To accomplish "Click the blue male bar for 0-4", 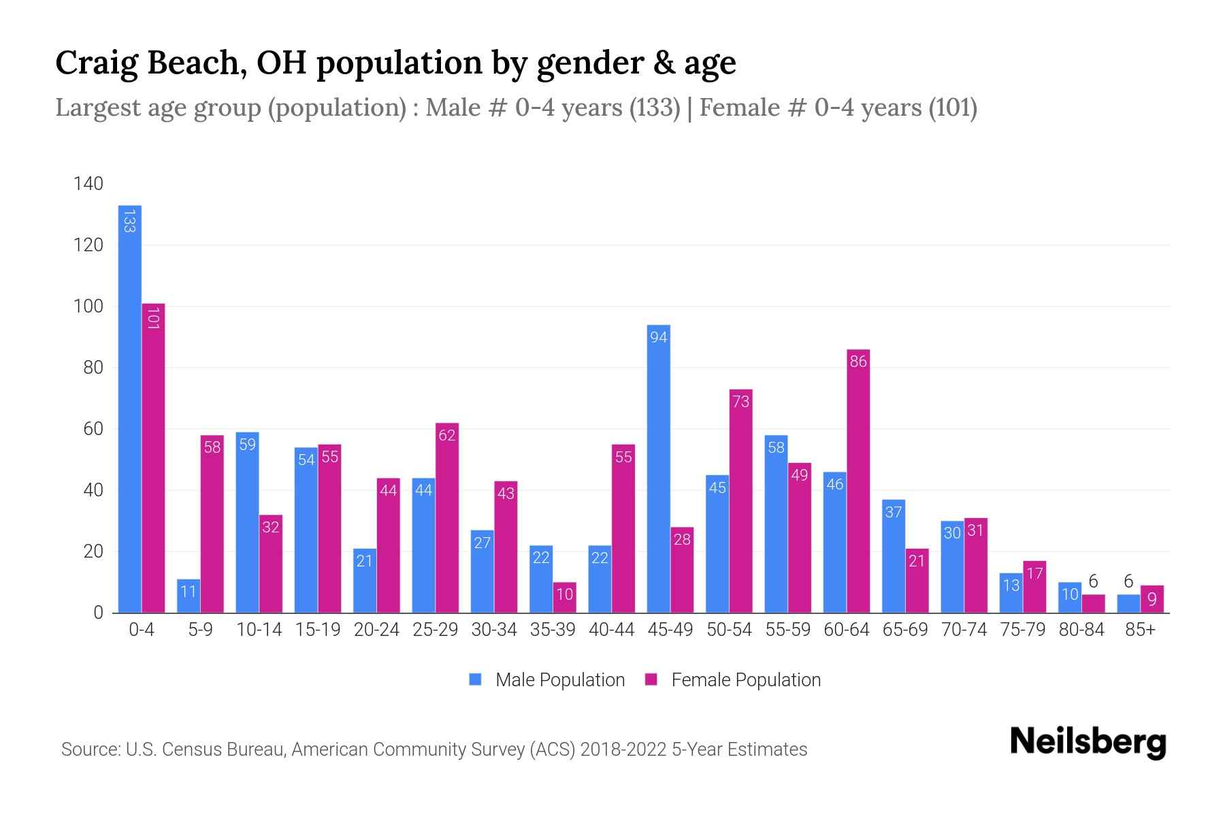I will coord(129,408).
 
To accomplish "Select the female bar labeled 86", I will coord(858,481).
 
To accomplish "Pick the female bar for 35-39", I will coord(564,598).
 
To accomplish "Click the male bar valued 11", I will coord(189,596).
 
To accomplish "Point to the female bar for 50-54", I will coord(740,500).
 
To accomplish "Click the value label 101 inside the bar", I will coord(153,319).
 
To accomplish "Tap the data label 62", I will coord(446,435).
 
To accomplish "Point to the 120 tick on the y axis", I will coord(88,245).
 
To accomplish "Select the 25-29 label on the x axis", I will coord(435,630).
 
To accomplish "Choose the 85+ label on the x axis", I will coord(1140,630).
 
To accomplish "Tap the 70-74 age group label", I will coord(964,630).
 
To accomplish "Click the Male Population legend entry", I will coord(548,679).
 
